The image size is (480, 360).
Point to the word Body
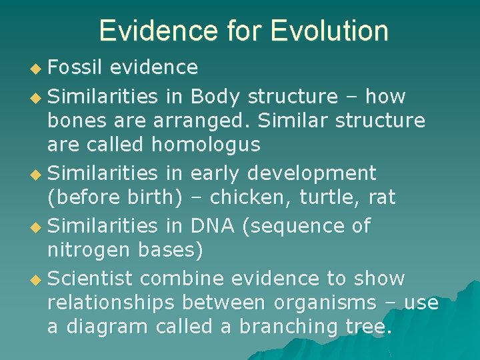point(215,97)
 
